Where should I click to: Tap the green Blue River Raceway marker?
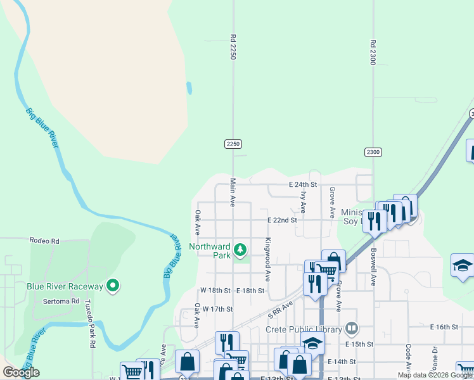pyautogui.click(x=113, y=286)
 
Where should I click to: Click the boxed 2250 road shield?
pyautogui.click(x=233, y=144)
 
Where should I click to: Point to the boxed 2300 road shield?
pyautogui.click(x=373, y=152)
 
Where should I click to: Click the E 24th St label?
pyautogui.click(x=302, y=185)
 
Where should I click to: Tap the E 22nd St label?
pyautogui.click(x=282, y=220)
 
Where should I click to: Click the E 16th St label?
pyautogui.click(x=444, y=327)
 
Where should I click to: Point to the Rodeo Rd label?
pyautogui.click(x=44, y=241)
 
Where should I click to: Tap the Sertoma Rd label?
pyautogui.click(x=66, y=301)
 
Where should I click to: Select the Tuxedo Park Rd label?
pyautogui.click(x=92, y=324)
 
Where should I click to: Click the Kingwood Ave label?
pyautogui.click(x=268, y=260)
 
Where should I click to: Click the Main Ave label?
pyautogui.click(x=233, y=192)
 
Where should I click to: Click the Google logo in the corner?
pyautogui.click(x=21, y=372)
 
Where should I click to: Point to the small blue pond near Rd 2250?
pyautogui.click(x=189, y=87)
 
